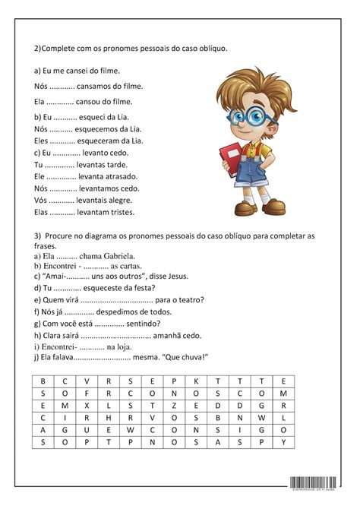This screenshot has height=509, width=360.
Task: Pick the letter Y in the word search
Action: point(283,441)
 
